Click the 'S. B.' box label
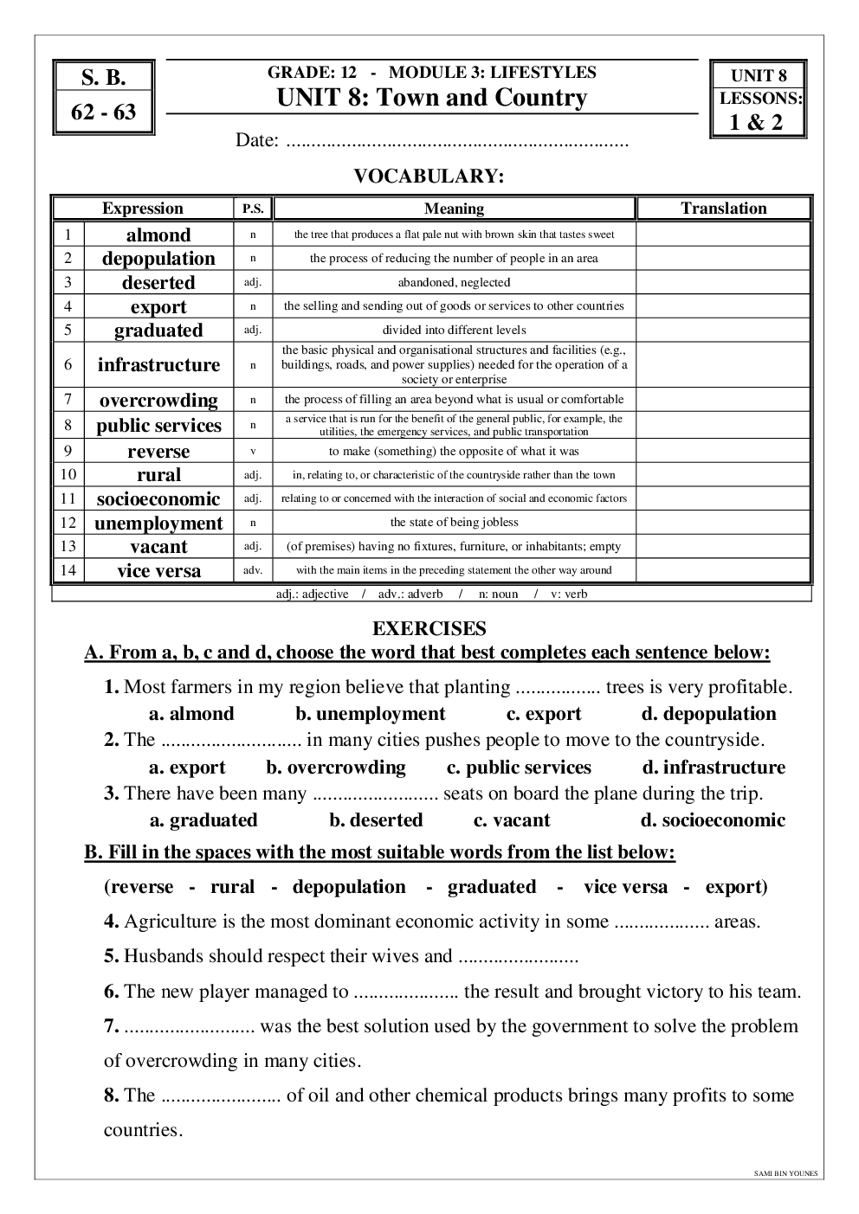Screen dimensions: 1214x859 pos(103,78)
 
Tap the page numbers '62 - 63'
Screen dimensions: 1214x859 pos(103,112)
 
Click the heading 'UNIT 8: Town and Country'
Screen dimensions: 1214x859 pos(431,98)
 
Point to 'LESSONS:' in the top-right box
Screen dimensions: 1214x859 pos(760,99)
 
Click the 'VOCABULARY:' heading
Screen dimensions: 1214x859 pos(429,177)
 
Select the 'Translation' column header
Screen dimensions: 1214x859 pos(724,209)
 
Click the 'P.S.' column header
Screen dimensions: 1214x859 pos(253,209)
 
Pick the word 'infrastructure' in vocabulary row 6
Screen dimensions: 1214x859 pos(158,365)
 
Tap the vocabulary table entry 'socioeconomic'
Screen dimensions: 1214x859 pos(158,499)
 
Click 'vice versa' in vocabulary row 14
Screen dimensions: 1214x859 pos(158,571)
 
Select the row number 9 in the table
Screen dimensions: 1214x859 pos(68,451)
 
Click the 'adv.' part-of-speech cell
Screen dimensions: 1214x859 pos(253,570)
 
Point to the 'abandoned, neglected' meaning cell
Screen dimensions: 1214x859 pos(454,282)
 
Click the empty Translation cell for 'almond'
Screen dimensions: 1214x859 pos(724,234)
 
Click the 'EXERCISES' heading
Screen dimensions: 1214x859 pos(429,629)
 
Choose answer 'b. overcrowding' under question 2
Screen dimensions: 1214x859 pos(336,768)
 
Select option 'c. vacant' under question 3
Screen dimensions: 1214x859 pos(512,820)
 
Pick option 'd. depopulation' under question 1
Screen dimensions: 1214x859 pos(708,714)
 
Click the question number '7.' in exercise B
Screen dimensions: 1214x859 pos(112,1027)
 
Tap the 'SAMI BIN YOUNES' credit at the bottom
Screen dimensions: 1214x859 pos(785,1174)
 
